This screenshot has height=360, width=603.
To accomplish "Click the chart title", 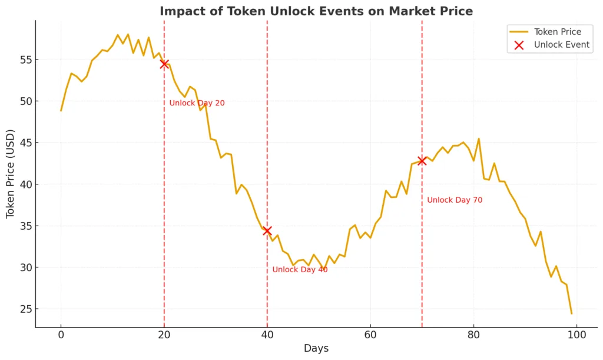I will coord(316,11).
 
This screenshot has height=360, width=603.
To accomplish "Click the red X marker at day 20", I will coord(164,64).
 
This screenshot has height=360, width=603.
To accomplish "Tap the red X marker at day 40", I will coord(267,230).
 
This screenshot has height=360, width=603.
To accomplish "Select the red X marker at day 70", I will coord(422,160).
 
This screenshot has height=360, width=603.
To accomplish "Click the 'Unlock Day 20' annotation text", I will coord(197,103).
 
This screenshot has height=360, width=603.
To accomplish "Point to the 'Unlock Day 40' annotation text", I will coord(300,270).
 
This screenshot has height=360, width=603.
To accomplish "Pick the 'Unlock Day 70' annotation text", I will coord(455,200).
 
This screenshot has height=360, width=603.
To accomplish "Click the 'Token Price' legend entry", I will coord(557,32).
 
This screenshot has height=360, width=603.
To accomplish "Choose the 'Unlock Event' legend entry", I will coord(561,45).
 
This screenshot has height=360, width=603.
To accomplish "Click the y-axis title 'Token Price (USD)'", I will coord(11,174).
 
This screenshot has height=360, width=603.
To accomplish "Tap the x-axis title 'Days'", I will coord(316,349).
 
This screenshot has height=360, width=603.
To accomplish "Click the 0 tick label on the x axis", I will coord(61,335).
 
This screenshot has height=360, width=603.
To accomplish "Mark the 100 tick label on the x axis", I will coord(577,335).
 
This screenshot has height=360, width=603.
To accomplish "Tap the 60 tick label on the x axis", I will coord(370,335).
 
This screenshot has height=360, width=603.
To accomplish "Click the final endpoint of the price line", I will coord(571,313).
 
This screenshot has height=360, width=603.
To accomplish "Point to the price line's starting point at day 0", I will coord(61,110).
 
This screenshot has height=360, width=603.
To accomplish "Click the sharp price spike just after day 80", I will coord(479,138).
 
